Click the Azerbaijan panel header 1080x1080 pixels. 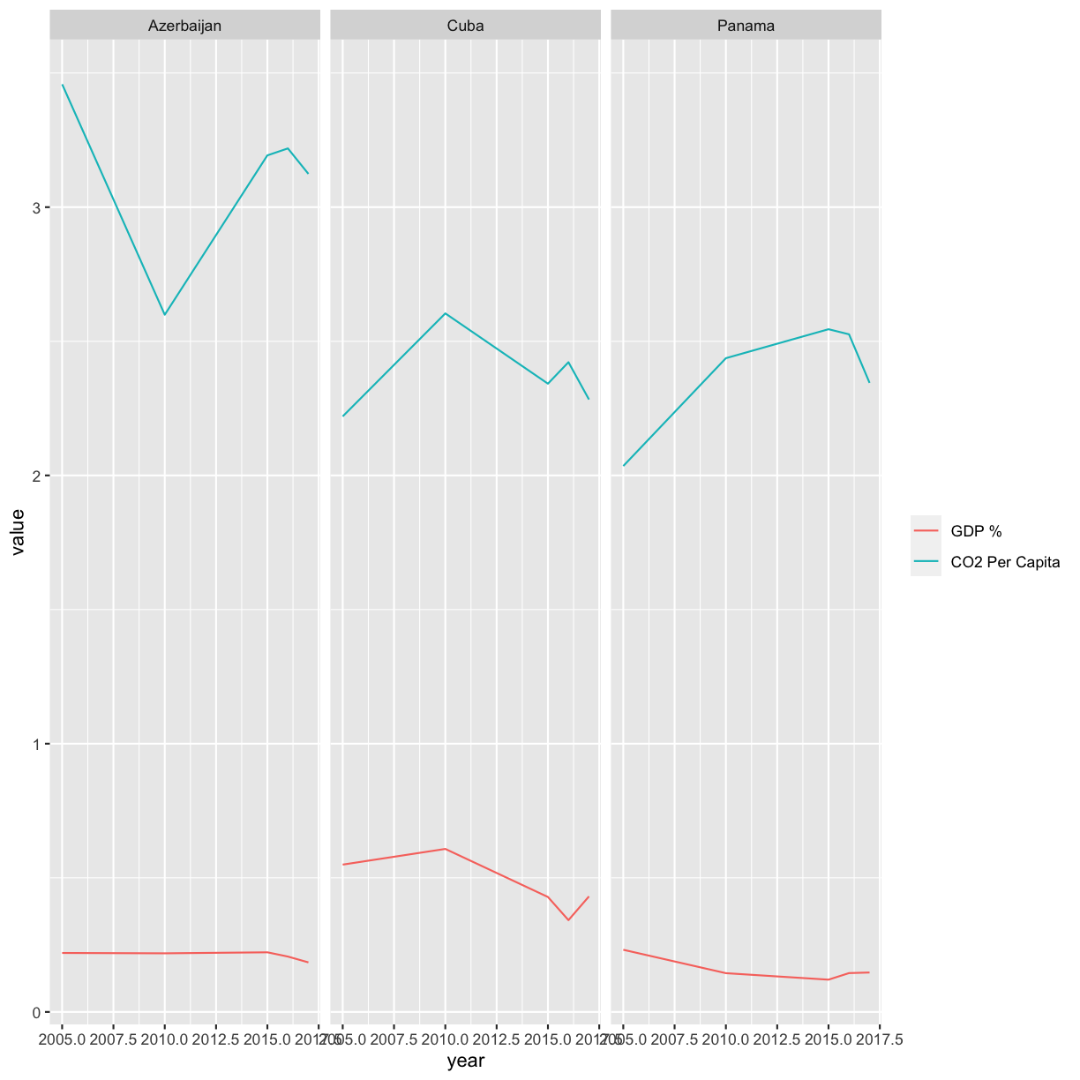click(x=184, y=26)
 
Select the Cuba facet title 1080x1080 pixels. click(x=465, y=26)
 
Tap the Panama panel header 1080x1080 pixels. click(x=746, y=26)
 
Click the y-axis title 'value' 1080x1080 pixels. click(x=18, y=531)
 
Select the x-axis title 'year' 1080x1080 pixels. click(x=465, y=1061)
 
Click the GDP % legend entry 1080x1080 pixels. click(x=976, y=531)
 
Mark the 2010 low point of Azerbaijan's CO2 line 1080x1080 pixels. click(x=165, y=315)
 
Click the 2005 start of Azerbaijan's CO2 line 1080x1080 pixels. click(x=63, y=85)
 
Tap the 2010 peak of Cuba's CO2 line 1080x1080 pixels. click(x=446, y=313)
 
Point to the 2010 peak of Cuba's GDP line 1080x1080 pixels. click(x=446, y=849)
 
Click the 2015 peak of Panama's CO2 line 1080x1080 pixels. click(x=829, y=329)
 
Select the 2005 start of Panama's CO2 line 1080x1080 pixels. click(x=624, y=466)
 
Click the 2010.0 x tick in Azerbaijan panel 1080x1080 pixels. click(x=165, y=1039)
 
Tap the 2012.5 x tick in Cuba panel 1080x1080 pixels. click(x=497, y=1039)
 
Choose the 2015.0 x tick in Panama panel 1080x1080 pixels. click(x=829, y=1039)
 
